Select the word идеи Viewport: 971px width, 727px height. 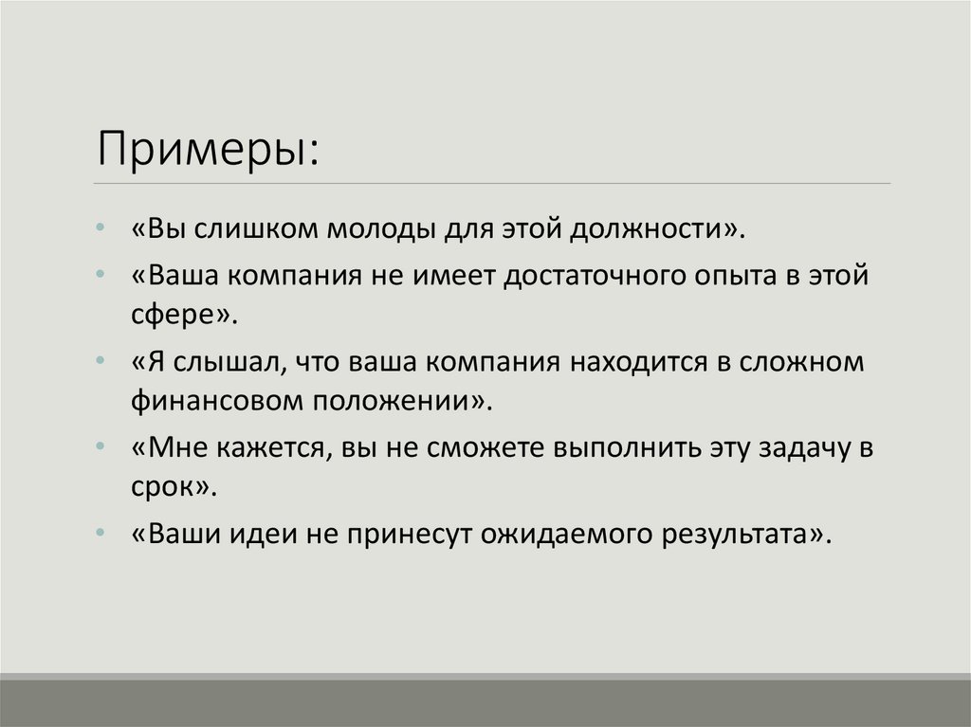point(265,533)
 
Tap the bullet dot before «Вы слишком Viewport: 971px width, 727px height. point(101,230)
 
